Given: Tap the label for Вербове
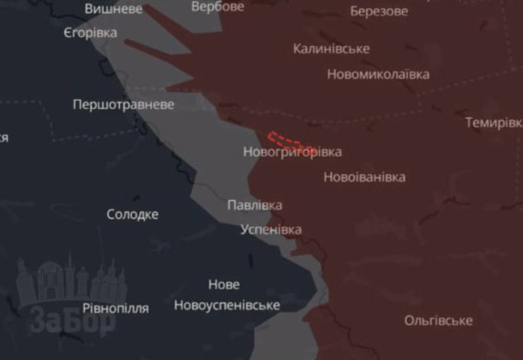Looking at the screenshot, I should [x=219, y=6].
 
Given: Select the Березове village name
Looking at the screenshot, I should [x=379, y=11].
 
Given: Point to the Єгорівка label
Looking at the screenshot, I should [x=90, y=32].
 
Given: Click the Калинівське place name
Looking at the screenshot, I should [x=331, y=48].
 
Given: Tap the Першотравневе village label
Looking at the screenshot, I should [x=124, y=104].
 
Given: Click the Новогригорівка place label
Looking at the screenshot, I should [x=291, y=151].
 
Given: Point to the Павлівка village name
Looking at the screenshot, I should [x=255, y=205].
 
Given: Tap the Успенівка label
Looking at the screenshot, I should [x=270, y=229].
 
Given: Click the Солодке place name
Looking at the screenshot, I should [x=132, y=214].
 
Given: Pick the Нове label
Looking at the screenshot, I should [x=223, y=284].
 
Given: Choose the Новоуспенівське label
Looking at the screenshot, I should [x=226, y=305].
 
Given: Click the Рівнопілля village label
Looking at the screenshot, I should [x=115, y=308].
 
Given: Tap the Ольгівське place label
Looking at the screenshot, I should [x=438, y=320].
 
